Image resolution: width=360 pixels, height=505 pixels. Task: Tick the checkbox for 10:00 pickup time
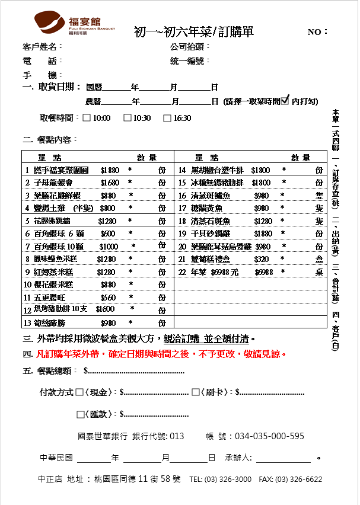[x=87, y=117]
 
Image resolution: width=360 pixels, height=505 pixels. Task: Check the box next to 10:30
[x=127, y=117]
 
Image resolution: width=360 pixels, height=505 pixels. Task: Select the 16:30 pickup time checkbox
[x=167, y=117]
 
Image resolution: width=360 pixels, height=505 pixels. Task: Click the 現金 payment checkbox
[x=80, y=392]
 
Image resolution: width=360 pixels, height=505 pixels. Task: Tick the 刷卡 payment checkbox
[x=195, y=392]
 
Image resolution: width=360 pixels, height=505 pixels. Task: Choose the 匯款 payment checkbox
[x=80, y=414]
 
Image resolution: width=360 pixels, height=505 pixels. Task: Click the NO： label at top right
[x=317, y=32]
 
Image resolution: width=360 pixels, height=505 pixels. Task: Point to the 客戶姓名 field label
[x=42, y=46]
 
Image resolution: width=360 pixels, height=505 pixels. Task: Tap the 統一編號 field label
[x=190, y=60]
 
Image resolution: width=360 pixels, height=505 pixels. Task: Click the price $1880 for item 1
[x=110, y=170]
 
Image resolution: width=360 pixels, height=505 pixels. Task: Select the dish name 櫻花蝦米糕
[x=54, y=285]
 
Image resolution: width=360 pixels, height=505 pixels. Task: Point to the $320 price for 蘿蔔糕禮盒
[x=261, y=260]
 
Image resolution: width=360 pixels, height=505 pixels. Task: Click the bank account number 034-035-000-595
[x=269, y=436]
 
